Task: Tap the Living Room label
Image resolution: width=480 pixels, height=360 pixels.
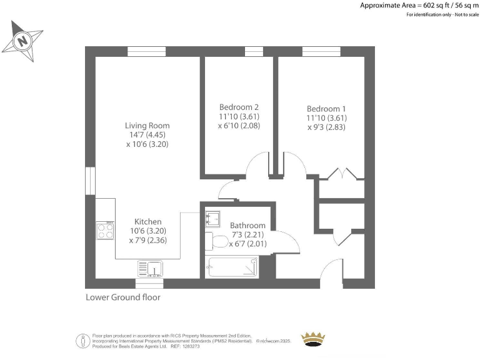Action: tap(147, 126)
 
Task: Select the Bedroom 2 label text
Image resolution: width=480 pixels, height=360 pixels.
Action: tap(239, 107)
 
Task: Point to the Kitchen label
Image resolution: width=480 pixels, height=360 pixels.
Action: tap(148, 221)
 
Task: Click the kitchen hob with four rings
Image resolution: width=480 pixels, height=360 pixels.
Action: tap(105, 231)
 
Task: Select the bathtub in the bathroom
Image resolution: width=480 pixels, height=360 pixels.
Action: tap(232, 267)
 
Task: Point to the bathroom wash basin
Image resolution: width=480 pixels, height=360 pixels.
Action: tap(212, 218)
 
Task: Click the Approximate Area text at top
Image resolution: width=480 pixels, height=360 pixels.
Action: tap(419, 5)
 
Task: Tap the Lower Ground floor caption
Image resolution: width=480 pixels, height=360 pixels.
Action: tap(122, 297)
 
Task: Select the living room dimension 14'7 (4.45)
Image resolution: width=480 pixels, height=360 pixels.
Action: tap(147, 135)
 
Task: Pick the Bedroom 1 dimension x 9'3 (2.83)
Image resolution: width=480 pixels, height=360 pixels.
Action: tap(326, 127)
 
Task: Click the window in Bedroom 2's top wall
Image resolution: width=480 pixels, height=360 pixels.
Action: tap(254, 51)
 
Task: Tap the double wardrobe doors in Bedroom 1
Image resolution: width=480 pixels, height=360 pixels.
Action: tap(341, 174)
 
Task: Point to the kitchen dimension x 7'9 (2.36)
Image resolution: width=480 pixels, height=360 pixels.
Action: tap(148, 240)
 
